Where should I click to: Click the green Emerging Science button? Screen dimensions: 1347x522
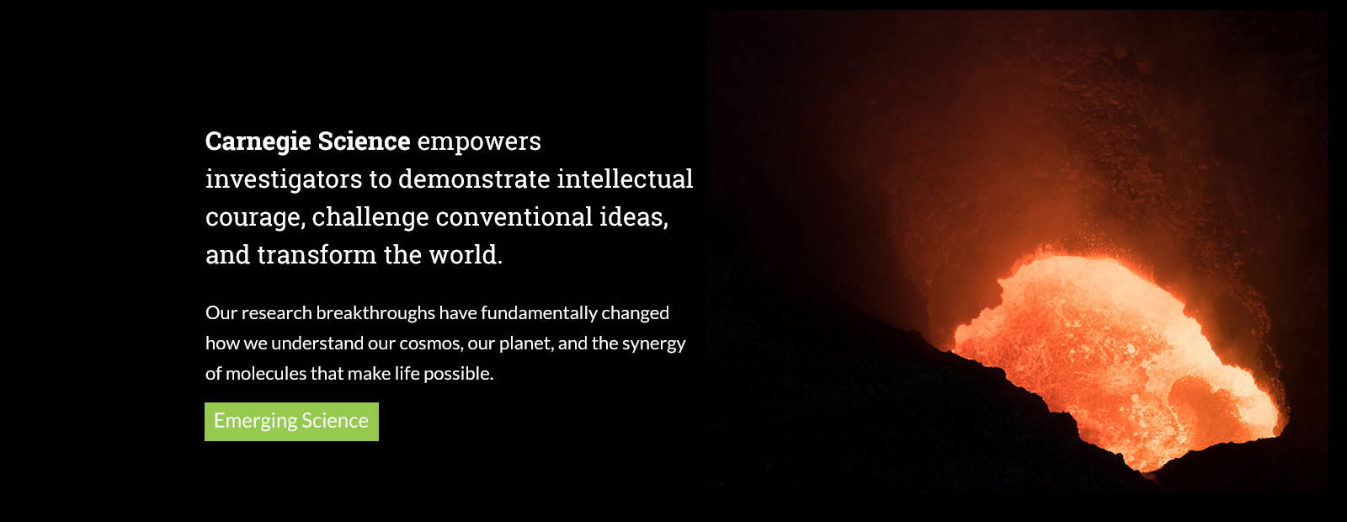pos(291,422)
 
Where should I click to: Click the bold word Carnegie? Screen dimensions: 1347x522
pos(258,142)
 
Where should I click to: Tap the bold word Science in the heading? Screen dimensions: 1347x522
pos(364,141)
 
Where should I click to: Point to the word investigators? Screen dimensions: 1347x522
pos(284,180)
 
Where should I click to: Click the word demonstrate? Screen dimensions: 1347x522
pos(474,179)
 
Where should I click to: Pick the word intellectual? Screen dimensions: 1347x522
pos(625,178)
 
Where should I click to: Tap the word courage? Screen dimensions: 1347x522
pos(255,218)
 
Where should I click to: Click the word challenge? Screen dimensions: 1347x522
pos(370,218)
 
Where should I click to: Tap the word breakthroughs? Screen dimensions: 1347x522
pos(375,313)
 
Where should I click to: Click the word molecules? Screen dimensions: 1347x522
pos(265,374)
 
